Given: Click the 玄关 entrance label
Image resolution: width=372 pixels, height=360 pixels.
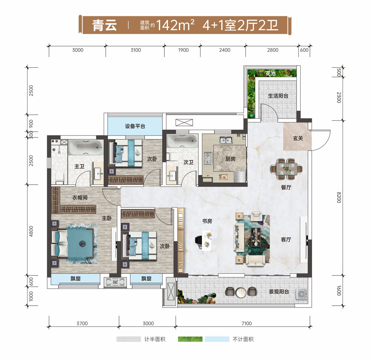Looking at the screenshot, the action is pyautogui.click(x=298, y=138).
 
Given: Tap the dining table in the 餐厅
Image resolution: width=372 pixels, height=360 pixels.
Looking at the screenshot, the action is pyautogui.click(x=286, y=169).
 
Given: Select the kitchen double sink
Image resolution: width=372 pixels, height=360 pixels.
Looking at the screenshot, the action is pyautogui.click(x=226, y=140).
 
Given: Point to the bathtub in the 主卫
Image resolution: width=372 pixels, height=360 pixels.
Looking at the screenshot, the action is pyautogui.click(x=86, y=147).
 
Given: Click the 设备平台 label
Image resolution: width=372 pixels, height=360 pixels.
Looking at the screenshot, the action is pyautogui.click(x=135, y=126).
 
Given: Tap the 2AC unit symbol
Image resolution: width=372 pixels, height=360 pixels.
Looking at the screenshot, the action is pyautogui.click(x=115, y=282).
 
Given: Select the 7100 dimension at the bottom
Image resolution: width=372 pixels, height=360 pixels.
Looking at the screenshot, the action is pyautogui.click(x=247, y=323).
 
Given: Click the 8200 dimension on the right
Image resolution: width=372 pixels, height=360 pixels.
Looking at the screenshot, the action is pyautogui.click(x=339, y=197).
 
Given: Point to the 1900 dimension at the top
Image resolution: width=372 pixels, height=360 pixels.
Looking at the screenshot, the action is pyautogui.click(x=183, y=50).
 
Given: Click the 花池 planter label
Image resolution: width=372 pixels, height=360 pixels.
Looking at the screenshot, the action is pyautogui.click(x=270, y=74).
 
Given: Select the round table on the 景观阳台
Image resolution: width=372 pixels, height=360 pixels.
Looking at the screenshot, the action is pyautogui.click(x=241, y=292).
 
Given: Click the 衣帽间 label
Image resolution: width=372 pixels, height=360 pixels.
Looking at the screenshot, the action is pyautogui.click(x=80, y=198).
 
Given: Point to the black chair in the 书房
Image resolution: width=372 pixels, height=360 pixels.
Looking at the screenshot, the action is pyautogui.click(x=199, y=240).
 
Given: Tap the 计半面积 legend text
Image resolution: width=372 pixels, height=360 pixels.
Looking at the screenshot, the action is pyautogui.click(x=155, y=340).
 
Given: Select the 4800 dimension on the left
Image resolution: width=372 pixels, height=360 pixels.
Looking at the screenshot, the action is pyautogui.click(x=31, y=231).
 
